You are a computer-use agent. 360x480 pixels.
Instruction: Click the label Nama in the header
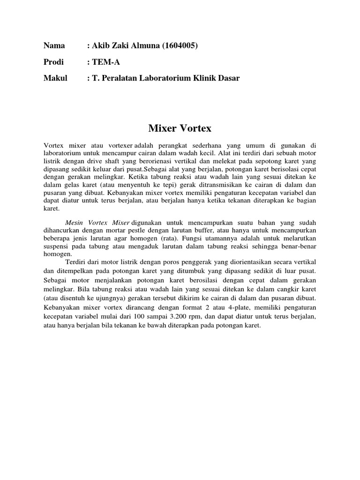[x=54, y=45]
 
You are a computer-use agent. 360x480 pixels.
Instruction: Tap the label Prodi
[x=53, y=62]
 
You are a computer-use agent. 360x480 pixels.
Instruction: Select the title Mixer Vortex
[x=180, y=128]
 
